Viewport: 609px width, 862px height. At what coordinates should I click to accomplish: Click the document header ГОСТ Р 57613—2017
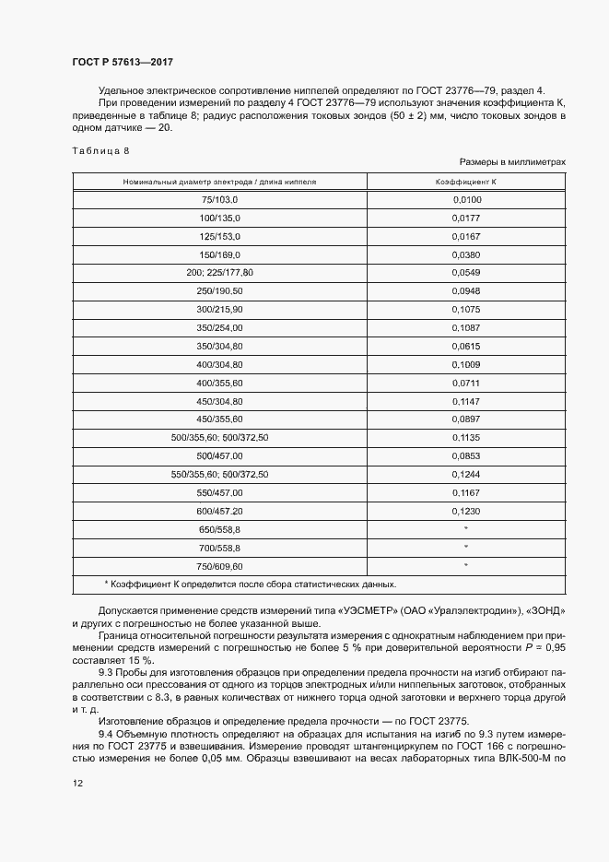pos(122,62)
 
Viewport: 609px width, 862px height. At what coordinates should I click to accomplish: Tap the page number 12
pos(76,783)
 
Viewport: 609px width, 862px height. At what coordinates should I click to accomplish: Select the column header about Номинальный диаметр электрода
pos(219,182)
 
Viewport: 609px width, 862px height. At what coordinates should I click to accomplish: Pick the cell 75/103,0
pos(219,199)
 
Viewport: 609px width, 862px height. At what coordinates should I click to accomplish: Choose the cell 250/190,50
pos(219,289)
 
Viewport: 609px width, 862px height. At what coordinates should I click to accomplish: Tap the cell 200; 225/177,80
pos(219,272)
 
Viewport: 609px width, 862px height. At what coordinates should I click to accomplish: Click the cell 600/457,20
pos(219,510)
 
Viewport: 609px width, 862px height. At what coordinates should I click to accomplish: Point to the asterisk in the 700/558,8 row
pos(466,548)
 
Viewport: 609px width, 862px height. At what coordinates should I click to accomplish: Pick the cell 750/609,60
pos(219,565)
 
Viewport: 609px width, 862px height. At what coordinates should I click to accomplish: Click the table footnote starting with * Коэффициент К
pos(251,585)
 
